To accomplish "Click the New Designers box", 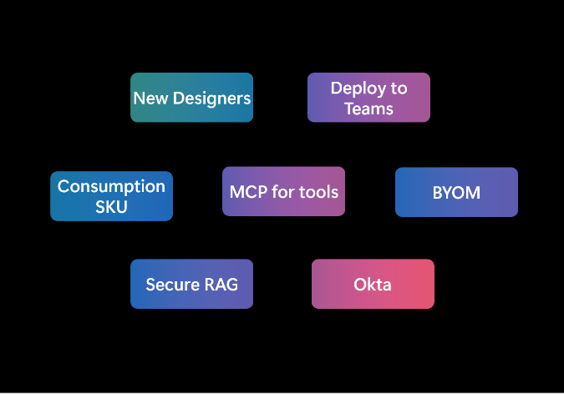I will tap(191, 98).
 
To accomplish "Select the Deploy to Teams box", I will tap(368, 98).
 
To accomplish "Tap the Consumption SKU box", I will tap(111, 196).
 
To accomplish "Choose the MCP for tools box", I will tap(283, 192).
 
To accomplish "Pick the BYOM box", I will tap(456, 192).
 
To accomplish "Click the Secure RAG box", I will tap(191, 284).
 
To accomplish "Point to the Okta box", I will tap(373, 284).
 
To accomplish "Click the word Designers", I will tap(211, 98).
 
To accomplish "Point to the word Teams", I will tap(368, 109).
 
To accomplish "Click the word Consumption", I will tap(111, 186).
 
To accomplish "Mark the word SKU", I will tap(111, 207).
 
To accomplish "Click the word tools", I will tap(319, 192).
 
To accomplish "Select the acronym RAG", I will tap(221, 285).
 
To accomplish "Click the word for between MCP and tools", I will tap(283, 192).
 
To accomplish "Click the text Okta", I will tap(373, 285).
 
